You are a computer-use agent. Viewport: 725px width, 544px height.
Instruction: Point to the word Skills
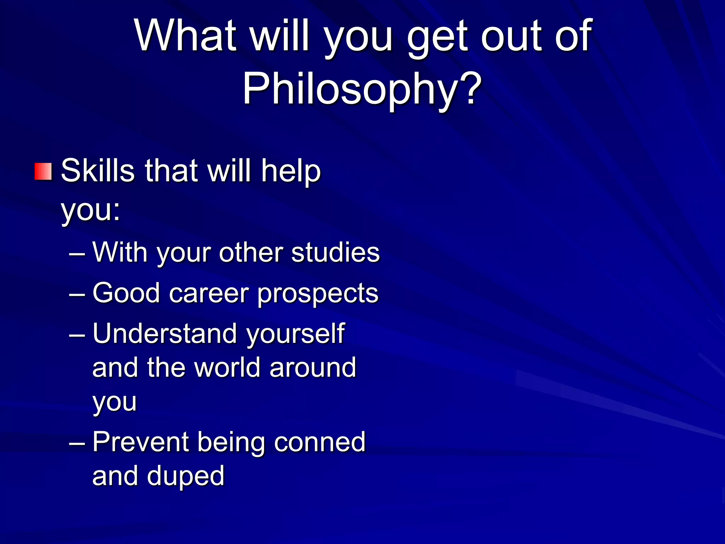coord(98,171)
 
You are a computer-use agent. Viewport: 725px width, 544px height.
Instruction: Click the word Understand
coord(164,334)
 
